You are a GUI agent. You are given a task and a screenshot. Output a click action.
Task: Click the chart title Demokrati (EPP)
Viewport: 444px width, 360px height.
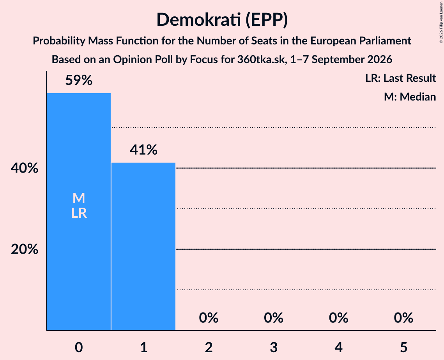pyautogui.click(x=222, y=20)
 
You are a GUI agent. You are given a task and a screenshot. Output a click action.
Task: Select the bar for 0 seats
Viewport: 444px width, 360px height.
pyautogui.click(x=79, y=212)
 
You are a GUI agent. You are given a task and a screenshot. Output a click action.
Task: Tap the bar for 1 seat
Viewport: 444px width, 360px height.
pyautogui.click(x=143, y=247)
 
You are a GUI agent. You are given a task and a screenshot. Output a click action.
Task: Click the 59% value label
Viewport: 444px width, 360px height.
pyautogui.click(x=79, y=80)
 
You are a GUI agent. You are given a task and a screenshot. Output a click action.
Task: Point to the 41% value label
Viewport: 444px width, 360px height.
pyautogui.click(x=143, y=150)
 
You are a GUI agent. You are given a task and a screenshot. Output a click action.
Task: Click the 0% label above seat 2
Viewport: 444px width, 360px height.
pyautogui.click(x=209, y=318)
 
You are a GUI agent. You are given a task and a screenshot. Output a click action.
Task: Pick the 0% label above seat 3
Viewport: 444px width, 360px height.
pyautogui.click(x=274, y=318)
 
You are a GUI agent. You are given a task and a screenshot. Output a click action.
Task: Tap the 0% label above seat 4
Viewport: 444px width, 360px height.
pyautogui.click(x=339, y=318)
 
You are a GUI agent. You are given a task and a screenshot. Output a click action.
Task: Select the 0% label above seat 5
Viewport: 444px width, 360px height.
pyautogui.click(x=403, y=318)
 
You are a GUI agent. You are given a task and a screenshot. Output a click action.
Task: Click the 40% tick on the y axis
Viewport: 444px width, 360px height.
pyautogui.click(x=25, y=168)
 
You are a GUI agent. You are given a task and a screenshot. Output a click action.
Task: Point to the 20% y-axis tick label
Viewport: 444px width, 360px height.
pyautogui.click(x=25, y=249)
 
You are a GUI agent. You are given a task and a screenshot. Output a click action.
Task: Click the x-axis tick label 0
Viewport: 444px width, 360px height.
pyautogui.click(x=79, y=347)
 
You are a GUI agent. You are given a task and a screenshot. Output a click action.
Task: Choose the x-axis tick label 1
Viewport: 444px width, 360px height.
pyautogui.click(x=144, y=347)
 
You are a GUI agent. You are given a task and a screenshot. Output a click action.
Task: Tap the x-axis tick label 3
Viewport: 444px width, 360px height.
pyautogui.click(x=274, y=347)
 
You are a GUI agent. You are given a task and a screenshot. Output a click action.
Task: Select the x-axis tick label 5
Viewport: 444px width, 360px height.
pyautogui.click(x=403, y=347)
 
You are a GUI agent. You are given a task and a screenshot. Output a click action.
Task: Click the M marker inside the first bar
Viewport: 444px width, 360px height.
pyautogui.click(x=79, y=198)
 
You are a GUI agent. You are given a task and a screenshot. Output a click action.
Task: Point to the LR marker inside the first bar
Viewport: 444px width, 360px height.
pyautogui.click(x=79, y=213)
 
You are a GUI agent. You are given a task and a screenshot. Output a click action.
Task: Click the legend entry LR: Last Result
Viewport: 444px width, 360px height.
pyautogui.click(x=400, y=78)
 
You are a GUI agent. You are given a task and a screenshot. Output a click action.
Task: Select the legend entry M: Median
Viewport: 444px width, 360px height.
pyautogui.click(x=410, y=97)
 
